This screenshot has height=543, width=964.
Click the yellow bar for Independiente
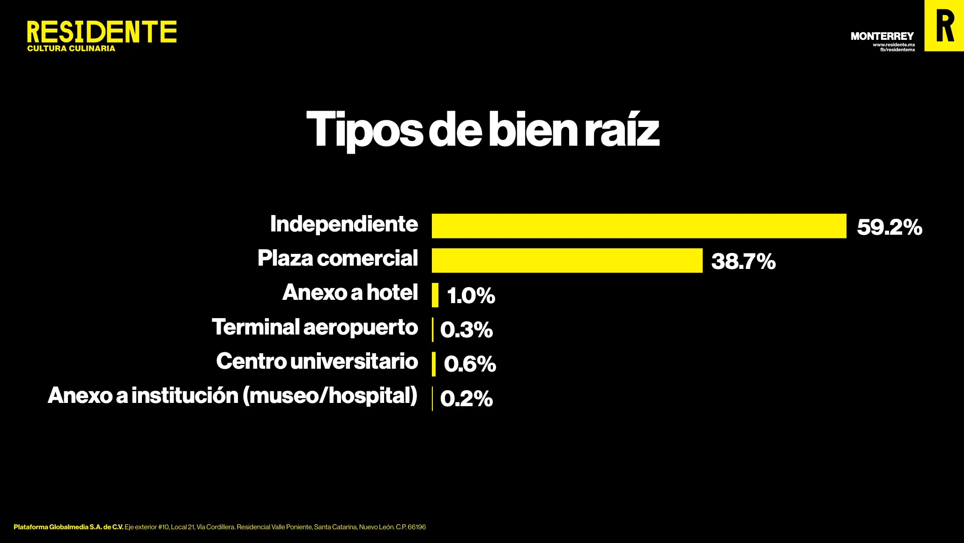[x=639, y=226]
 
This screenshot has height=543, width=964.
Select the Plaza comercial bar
[x=567, y=260]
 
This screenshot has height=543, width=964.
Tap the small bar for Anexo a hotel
[x=435, y=295]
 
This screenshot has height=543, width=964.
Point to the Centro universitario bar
[x=434, y=364]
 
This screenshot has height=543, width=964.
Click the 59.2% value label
[x=889, y=227]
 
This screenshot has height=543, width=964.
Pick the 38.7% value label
[x=743, y=261]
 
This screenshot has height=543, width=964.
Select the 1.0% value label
[x=471, y=296]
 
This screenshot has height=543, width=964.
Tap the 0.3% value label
[x=467, y=330]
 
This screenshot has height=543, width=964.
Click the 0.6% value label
[x=469, y=364]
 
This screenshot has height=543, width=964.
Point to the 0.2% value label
[x=467, y=399]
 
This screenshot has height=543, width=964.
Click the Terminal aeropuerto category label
[x=315, y=327]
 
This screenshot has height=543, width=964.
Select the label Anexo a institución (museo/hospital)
[x=232, y=396]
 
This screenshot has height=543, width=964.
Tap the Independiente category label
[x=344, y=224]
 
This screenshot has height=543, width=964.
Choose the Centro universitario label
[x=317, y=361]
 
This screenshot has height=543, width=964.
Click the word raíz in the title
[x=622, y=130]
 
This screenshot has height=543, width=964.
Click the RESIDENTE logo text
[x=102, y=32]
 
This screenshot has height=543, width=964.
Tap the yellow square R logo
[x=944, y=26]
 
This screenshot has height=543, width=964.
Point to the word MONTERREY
[x=882, y=36]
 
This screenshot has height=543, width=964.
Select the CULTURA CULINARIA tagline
[x=71, y=49]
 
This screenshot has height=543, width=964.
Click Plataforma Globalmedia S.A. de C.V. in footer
[x=68, y=527]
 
